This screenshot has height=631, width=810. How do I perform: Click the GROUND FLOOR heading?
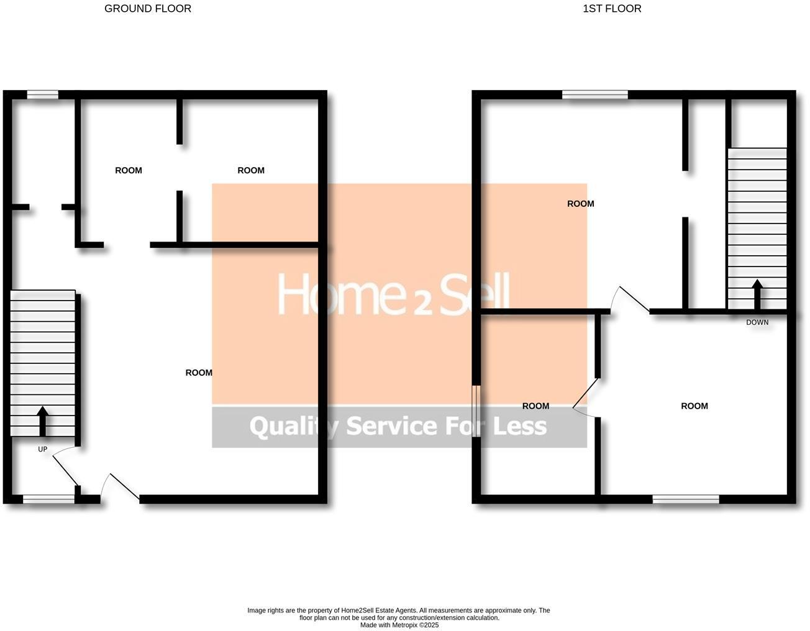click(x=148, y=9)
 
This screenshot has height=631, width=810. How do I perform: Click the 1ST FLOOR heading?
click(x=612, y=9)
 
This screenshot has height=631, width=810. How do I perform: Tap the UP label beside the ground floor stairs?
click(x=42, y=449)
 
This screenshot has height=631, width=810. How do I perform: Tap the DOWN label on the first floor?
click(x=757, y=322)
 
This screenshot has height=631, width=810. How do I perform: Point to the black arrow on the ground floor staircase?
click(x=42, y=421)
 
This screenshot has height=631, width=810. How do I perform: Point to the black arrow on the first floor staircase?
click(x=757, y=294)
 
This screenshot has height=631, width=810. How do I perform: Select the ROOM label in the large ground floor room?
click(x=199, y=373)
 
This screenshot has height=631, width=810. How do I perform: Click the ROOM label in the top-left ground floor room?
click(x=129, y=170)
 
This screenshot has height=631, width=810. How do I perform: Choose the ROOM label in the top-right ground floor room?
click(x=251, y=170)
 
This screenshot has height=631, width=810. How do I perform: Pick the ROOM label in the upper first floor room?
click(x=581, y=204)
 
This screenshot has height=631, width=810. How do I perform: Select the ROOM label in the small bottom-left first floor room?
click(x=535, y=406)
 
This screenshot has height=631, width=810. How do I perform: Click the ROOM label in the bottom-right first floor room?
click(x=694, y=406)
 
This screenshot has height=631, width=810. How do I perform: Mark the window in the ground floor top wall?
click(x=43, y=95)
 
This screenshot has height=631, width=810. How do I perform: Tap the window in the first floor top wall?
click(x=595, y=95)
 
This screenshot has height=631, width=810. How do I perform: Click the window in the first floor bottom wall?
click(x=686, y=499)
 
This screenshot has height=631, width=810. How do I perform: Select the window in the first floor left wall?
click(x=476, y=411)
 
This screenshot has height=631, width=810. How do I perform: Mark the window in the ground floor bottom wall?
click(x=48, y=499)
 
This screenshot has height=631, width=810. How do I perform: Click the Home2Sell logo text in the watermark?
click(x=393, y=294)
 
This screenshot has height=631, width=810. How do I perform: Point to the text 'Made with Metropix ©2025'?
click(x=399, y=625)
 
